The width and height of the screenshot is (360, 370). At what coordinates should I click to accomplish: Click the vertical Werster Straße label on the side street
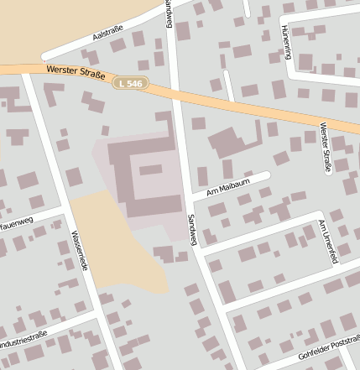coord(325,148)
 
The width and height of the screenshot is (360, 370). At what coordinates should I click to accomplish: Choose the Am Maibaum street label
coord(222,188)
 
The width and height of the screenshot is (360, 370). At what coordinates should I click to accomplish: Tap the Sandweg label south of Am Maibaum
coord(192,228)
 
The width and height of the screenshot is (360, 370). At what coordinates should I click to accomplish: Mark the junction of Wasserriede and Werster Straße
coord(28,72)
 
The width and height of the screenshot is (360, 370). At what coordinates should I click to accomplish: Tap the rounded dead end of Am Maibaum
coord(267,175)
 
